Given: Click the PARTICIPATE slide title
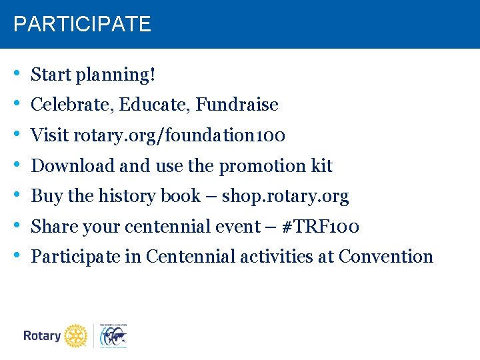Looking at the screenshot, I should click(82, 25).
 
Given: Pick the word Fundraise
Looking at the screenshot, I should click(237, 105).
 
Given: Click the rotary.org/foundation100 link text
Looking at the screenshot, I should click(179, 135).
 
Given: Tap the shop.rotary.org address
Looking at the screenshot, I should click(285, 196).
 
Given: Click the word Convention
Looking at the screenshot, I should click(385, 257).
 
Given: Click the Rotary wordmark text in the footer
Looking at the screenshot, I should click(42, 336).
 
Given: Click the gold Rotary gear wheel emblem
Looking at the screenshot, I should click(76, 336).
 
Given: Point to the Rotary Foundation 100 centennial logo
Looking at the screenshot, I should click(113, 336).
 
